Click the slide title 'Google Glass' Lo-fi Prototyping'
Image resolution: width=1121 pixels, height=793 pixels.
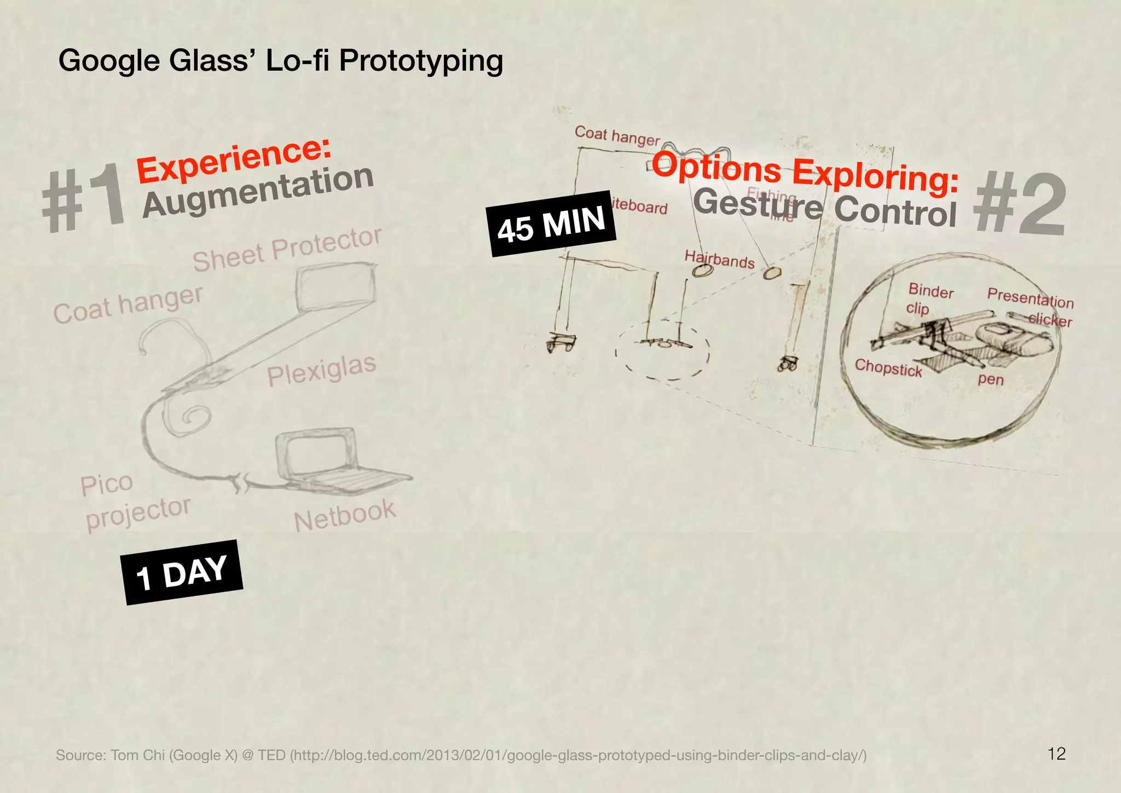click(x=280, y=60)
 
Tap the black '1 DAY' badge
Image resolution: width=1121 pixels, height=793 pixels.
click(x=182, y=572)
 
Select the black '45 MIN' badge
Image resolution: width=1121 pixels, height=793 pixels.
click(x=551, y=223)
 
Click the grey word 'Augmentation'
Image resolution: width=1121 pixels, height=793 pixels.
click(x=258, y=191)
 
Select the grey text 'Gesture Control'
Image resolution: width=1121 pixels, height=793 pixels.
click(x=825, y=208)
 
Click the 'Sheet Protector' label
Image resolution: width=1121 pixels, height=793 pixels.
click(x=287, y=250)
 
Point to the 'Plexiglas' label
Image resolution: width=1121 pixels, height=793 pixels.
click(x=322, y=370)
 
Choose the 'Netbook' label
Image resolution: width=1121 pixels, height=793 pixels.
click(x=344, y=515)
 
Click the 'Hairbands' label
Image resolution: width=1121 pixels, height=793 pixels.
click(x=719, y=259)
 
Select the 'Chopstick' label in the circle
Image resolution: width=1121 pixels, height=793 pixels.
click(x=888, y=368)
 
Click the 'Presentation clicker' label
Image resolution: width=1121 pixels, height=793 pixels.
click(x=1031, y=307)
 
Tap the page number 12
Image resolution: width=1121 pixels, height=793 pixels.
click(x=1056, y=754)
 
